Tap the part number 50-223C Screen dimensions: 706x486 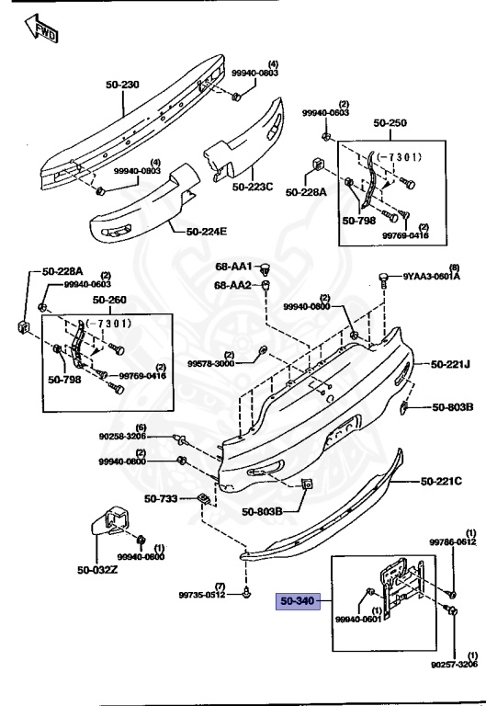click(252, 188)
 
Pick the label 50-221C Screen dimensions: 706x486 click(442, 481)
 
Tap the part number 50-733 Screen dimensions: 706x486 click(162, 499)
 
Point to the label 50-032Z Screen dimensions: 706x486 click(96, 570)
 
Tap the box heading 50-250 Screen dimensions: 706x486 click(390, 122)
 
